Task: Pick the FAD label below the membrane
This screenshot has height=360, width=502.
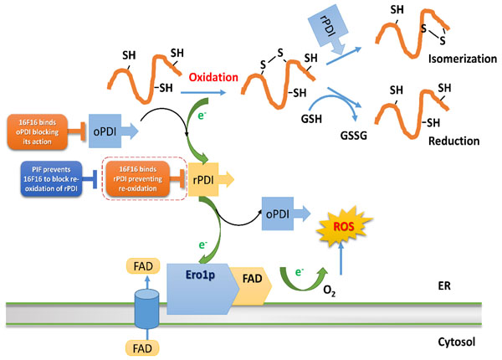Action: (146, 342)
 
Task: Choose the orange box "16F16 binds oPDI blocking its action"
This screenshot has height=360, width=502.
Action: (37, 131)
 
